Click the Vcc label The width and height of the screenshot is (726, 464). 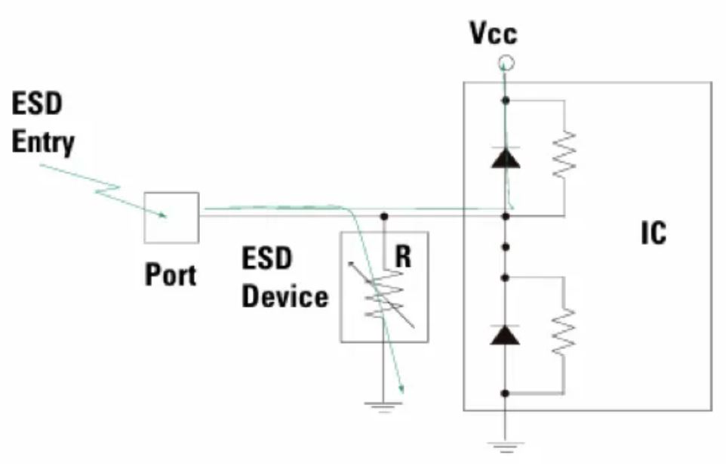494,32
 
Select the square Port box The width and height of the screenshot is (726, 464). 172,218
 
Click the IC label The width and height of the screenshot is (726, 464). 654,234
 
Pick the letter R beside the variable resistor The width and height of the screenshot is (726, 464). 404,258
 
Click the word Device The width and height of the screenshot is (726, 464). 285,295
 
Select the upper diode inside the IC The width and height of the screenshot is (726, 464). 506,157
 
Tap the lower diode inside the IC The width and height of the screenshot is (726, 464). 506,334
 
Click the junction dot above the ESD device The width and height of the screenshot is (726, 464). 384,217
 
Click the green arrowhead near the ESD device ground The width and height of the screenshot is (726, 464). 403,390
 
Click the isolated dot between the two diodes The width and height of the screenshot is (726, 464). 506,246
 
